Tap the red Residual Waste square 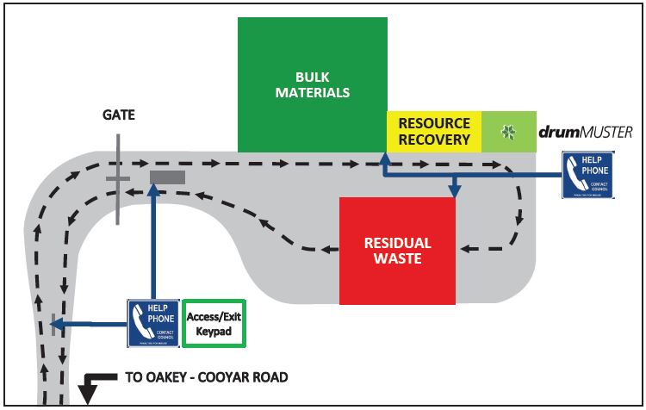pyautogui.click(x=397, y=250)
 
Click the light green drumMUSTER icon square pyautogui.click(x=507, y=132)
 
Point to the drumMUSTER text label pyautogui.click(x=585, y=132)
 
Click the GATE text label pyautogui.click(x=119, y=115)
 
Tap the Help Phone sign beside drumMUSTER pyautogui.click(x=587, y=176)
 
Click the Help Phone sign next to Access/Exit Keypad pyautogui.click(x=153, y=323)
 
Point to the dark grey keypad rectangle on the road pyautogui.click(x=167, y=177)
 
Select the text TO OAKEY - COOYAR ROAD pyautogui.click(x=206, y=377)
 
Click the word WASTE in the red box pyautogui.click(x=397, y=258)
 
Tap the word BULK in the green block pyautogui.click(x=312, y=77)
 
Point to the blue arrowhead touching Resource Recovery pyautogui.click(x=382, y=157)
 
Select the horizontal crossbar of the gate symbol pyautogui.click(x=118, y=179)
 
